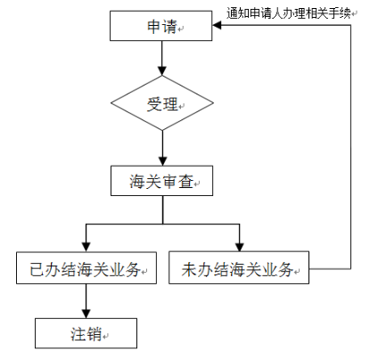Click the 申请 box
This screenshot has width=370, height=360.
pyautogui.click(x=161, y=26)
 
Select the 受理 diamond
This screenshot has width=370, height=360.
pyautogui.click(x=162, y=102)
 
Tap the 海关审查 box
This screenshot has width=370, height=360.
pyautogui.click(x=162, y=181)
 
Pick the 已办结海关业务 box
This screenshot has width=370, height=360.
pyautogui.click(x=86, y=268)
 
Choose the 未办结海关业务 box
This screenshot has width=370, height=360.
pyautogui.click(x=239, y=267)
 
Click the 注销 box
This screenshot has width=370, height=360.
pyautogui.click(x=86, y=333)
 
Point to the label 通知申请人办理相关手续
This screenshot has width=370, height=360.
pyautogui.click(x=289, y=13)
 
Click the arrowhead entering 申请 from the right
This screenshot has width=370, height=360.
pyautogui.click(x=217, y=25)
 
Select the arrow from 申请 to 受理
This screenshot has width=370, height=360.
pyautogui.click(x=162, y=58)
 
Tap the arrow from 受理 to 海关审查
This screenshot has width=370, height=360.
pyautogui.click(x=162, y=148)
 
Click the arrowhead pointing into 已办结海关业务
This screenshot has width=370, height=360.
pyautogui.click(x=86, y=248)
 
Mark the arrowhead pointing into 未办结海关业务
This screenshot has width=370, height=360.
pyautogui.click(x=240, y=247)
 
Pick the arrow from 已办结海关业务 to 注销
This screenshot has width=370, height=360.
pyautogui.click(x=86, y=301)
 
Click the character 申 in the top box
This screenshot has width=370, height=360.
pyautogui.click(x=154, y=26)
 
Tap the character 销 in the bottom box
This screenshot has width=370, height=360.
pyautogui.click(x=94, y=333)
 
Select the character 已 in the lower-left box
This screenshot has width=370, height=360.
pyautogui.click(x=37, y=269)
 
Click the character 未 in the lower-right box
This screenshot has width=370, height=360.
pyautogui.click(x=189, y=269)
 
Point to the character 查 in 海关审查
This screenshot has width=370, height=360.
pyautogui.click(x=186, y=181)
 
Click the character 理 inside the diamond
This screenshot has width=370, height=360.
pyautogui.click(x=170, y=104)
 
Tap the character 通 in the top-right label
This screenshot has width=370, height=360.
pyautogui.click(x=233, y=13)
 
